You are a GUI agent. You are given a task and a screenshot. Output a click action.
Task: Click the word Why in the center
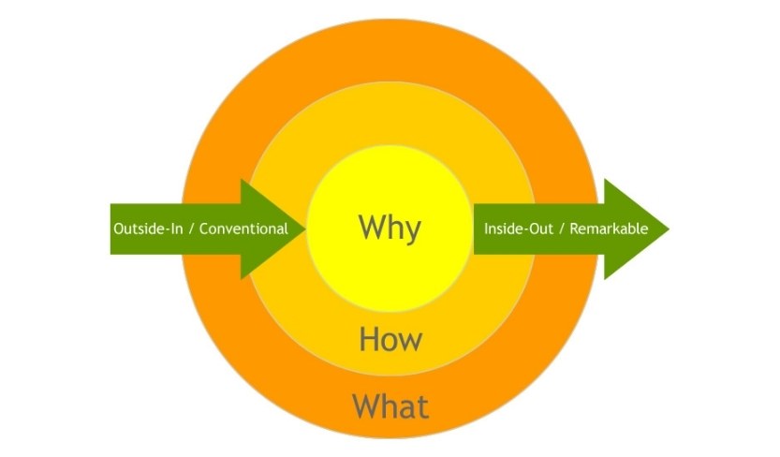tap(390, 228)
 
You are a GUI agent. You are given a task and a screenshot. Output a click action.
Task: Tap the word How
tap(390, 339)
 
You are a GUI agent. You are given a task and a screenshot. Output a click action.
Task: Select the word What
tap(390, 406)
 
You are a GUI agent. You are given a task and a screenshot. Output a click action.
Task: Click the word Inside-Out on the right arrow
tap(513, 228)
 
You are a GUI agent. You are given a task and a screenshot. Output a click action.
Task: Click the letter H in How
tap(368, 339)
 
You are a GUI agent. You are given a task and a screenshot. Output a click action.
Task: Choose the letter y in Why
tap(413, 230)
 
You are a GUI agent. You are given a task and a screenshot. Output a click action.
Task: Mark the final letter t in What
tap(422, 407)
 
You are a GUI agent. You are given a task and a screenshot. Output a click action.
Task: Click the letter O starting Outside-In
tap(118, 228)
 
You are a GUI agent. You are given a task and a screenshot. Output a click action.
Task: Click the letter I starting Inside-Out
tap(486, 228)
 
